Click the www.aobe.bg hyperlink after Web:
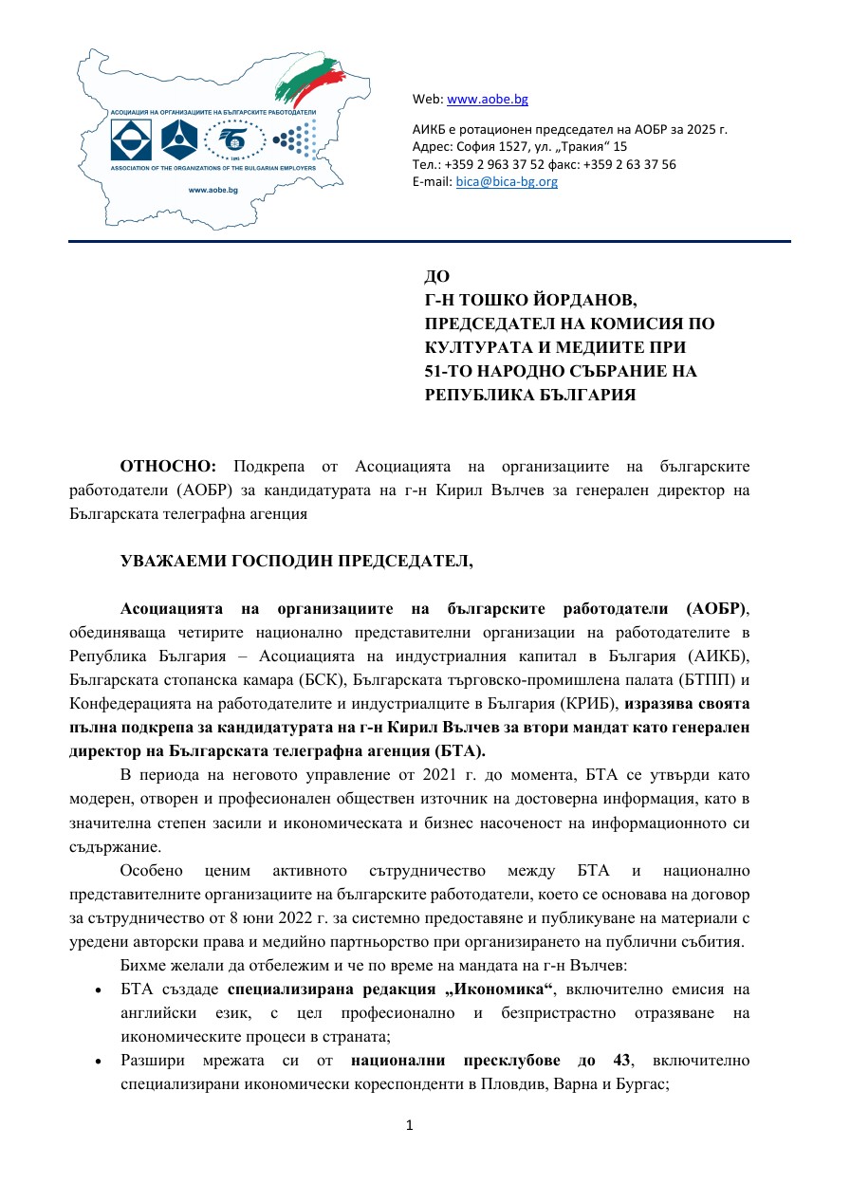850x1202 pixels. (487, 99)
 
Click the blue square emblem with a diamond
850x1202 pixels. (131, 140)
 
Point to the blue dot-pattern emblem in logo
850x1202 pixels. (294, 141)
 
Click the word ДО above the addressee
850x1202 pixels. (436, 277)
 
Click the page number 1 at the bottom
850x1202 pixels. (410, 1125)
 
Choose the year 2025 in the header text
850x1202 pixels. (687, 129)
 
